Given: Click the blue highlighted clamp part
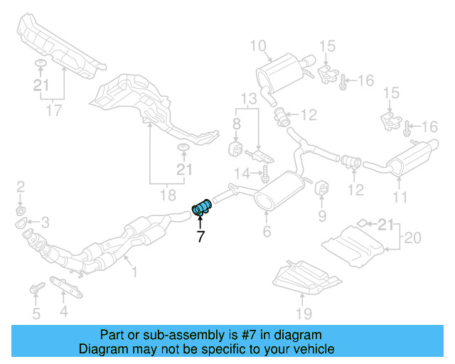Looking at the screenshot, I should (202, 207).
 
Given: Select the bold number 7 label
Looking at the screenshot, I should (200, 237).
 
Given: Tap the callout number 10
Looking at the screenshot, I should (257, 47).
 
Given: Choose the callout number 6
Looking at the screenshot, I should (267, 232).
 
